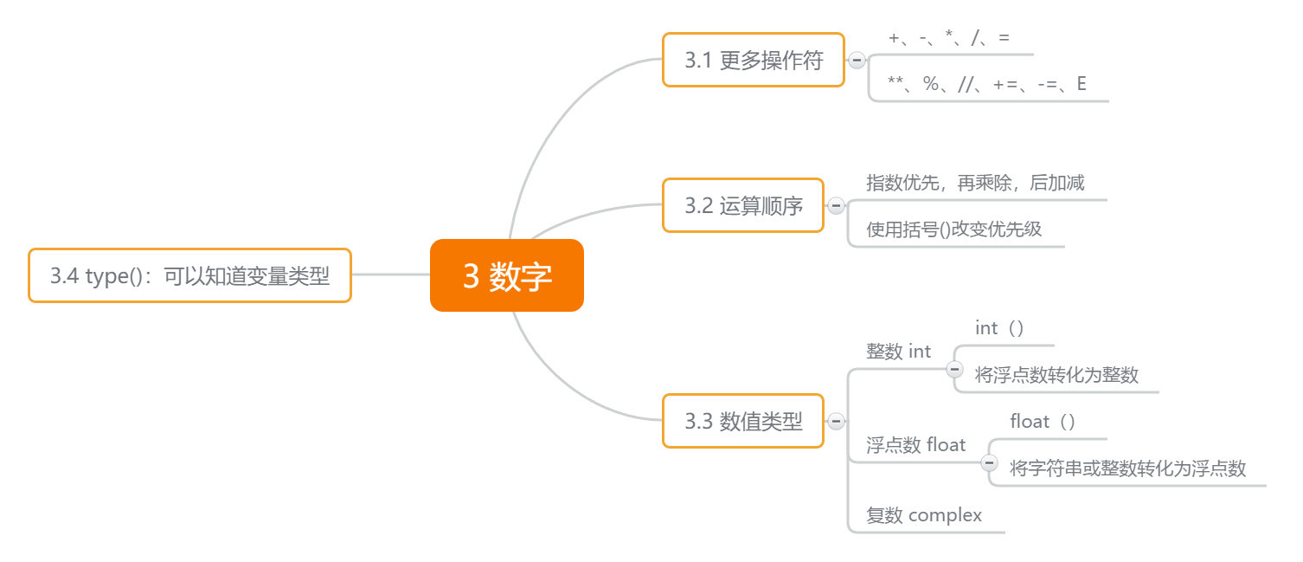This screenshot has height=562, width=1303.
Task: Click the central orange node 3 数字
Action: coord(507,275)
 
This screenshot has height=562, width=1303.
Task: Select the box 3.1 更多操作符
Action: coord(753,61)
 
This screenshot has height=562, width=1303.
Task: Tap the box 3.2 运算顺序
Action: coord(742,205)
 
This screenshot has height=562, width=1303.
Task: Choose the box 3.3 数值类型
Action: coord(742,422)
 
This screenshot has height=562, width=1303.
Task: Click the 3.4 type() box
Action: coord(189,275)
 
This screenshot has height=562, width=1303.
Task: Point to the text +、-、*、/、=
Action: coord(948,38)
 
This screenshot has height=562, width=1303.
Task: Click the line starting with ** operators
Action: coord(987,84)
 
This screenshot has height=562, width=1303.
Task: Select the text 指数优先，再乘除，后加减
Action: coord(975,183)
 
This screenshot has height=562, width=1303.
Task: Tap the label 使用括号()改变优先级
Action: coord(953,229)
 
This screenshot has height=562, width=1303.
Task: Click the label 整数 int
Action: coord(898,352)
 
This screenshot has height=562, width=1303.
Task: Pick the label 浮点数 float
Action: coord(915,445)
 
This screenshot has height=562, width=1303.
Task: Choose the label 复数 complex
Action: coord(924,515)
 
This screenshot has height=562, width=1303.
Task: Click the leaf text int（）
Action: coord(999,328)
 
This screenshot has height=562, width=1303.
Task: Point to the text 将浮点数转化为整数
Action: coord(1056,375)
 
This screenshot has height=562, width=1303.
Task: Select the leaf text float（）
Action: coord(1043,422)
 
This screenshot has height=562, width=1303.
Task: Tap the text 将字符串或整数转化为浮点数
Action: coord(1127,468)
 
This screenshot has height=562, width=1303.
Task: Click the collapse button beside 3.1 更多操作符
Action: coord(857,61)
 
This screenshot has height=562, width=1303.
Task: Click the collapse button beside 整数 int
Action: coord(954,369)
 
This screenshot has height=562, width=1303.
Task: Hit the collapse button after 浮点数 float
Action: coord(989,462)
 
